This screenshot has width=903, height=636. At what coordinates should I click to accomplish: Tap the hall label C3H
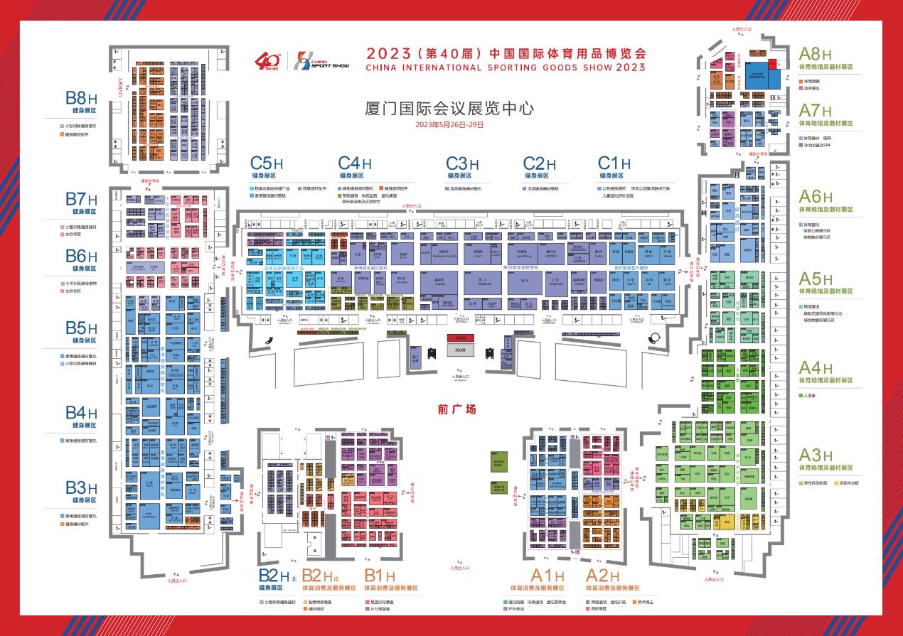pos(462,164)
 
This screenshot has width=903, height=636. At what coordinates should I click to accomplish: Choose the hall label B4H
pos(81,414)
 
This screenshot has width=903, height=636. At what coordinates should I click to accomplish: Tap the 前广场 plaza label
pos(456,409)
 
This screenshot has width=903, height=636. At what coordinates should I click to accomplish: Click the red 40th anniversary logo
pos(269,61)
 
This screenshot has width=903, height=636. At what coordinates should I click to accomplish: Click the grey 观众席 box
pos(460,349)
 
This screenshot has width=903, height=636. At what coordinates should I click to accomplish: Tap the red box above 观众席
pos(460,338)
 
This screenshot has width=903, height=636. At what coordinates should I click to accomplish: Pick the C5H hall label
pos(267,164)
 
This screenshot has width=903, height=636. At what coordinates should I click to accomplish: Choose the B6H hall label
pos(81,256)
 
